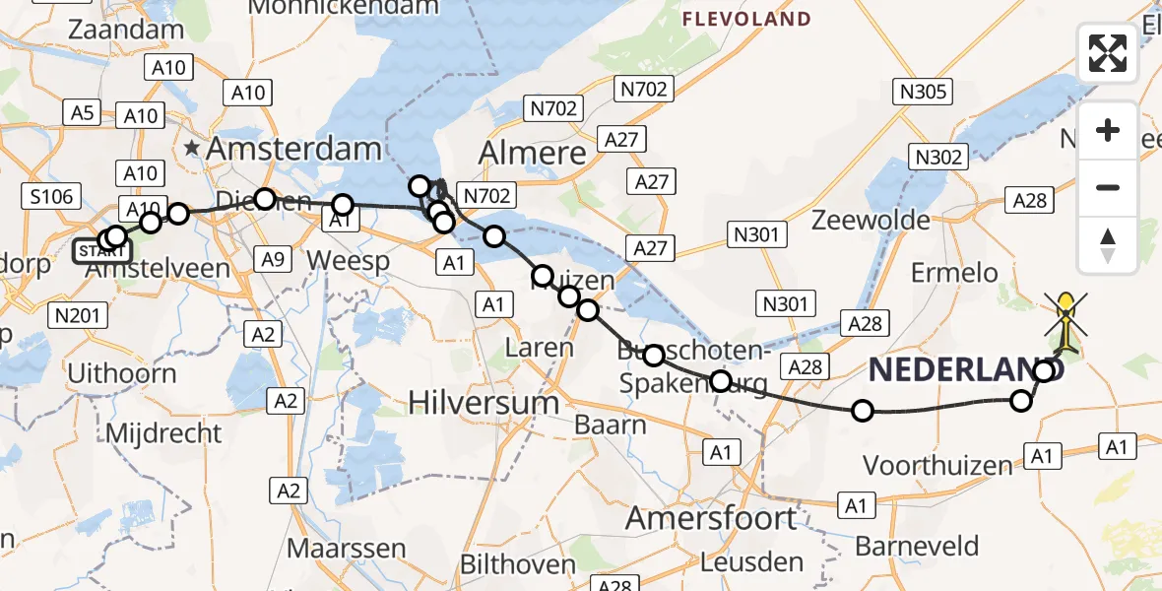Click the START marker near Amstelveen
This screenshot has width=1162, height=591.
[x=100, y=251]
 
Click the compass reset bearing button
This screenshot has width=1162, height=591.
[x=1108, y=244]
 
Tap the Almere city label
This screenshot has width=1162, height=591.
[x=532, y=153]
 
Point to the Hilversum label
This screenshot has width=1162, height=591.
[x=484, y=403]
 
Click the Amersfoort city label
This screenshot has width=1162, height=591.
[x=711, y=518]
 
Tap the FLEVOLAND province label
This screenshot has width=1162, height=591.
[x=747, y=19]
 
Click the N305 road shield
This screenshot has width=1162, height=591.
[x=923, y=93]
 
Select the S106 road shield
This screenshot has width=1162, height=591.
[x=51, y=197]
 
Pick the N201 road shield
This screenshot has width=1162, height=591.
[x=78, y=314]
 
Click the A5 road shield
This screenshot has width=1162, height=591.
[x=82, y=113]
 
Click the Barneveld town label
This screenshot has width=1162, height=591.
[x=917, y=546]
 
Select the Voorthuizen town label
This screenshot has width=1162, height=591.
[x=937, y=465]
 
